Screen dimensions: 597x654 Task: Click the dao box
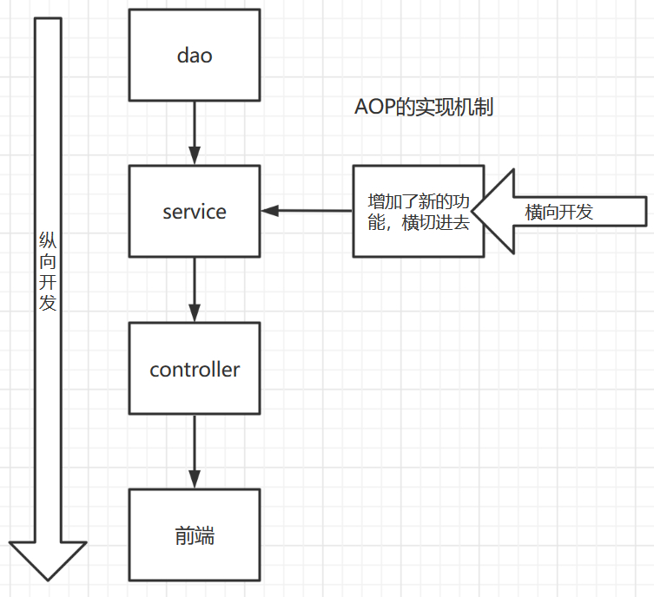coord(194,55)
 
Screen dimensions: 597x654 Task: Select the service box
coord(194,212)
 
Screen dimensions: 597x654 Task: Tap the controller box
coord(194,369)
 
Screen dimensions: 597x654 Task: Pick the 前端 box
coord(194,535)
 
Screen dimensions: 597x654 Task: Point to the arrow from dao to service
coord(194,131)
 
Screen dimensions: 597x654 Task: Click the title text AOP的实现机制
coord(424,108)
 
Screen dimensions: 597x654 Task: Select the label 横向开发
coord(559,212)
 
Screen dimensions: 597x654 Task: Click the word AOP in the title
coord(374,108)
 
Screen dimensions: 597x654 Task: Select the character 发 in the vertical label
coord(48,303)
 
